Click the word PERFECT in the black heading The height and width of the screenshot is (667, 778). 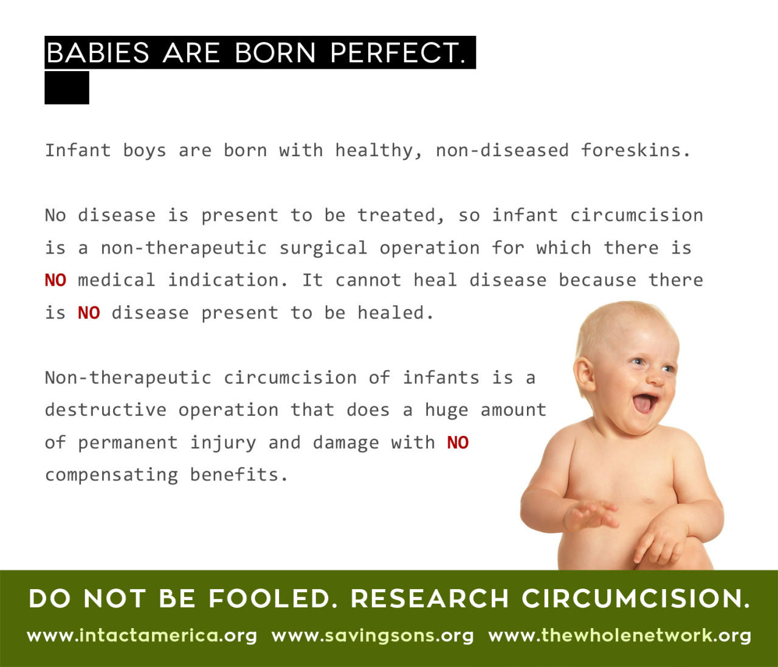(398, 52)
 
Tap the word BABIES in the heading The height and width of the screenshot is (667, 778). (98, 52)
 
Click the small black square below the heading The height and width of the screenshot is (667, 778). (67, 88)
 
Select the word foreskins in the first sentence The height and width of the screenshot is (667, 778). (636, 150)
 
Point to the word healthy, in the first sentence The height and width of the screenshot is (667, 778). (379, 151)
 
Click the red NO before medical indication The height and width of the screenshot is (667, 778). (55, 280)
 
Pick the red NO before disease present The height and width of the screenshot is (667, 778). (89, 313)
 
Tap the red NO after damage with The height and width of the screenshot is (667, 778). (458, 443)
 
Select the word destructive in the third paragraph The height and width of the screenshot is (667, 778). (106, 409)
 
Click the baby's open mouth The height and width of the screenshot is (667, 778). (644, 403)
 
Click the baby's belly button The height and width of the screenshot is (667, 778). (648, 500)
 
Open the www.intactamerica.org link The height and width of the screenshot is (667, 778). (142, 636)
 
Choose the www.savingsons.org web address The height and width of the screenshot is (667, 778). (373, 636)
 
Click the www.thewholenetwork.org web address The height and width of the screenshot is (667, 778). (619, 636)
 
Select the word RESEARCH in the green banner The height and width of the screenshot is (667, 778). (430, 598)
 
